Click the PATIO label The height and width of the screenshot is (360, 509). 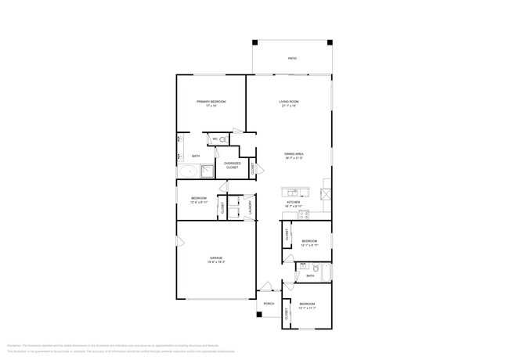pos(292,58)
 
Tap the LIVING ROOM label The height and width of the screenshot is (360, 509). pos(290,103)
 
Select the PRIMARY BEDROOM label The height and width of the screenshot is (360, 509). pos(211,103)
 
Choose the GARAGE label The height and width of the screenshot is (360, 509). pos(215,259)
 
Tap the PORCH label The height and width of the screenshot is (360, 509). pos(269,304)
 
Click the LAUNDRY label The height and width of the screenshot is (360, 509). pos(251,207)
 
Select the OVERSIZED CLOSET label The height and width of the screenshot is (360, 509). pos(233,165)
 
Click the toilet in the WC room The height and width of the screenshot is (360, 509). pos(222,140)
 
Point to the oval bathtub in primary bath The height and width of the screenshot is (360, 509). pos(188,171)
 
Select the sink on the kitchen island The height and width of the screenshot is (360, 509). pos(292,193)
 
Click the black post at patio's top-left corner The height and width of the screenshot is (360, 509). pos(254,42)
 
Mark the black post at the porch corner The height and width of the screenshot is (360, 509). pos(258,315)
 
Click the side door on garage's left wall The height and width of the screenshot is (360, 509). pos(179,244)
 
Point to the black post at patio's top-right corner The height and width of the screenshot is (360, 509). pos(330,42)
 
